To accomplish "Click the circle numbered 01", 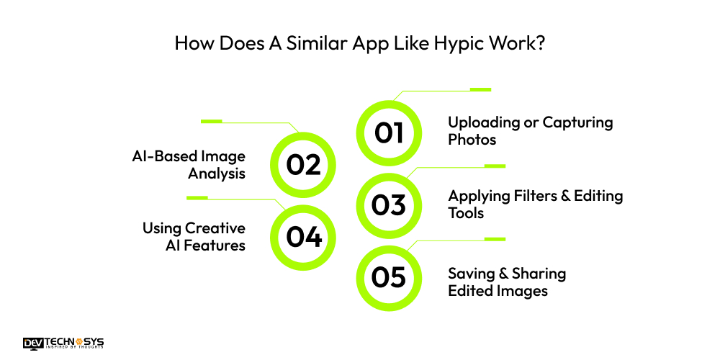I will coord(388,133).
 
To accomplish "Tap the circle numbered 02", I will coord(303,165).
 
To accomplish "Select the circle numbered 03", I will coord(388,205).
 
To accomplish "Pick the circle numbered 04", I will coord(303,237).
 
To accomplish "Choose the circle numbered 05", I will coord(388,277).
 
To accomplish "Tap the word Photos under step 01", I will coord(472,140).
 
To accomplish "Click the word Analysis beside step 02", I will coord(217,174).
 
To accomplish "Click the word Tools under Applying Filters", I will coord(466,213).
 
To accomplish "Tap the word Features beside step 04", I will coord(215,246).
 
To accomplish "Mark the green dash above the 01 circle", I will coord(480,89).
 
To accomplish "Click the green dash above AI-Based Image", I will coord(211,121).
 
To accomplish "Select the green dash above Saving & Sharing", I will coord(494,239).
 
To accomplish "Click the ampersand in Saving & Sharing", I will coord(498,274).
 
